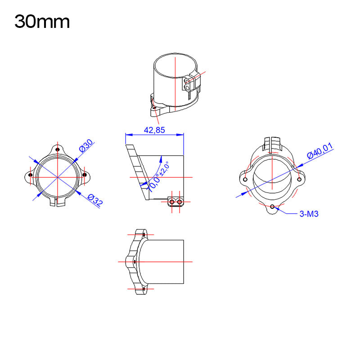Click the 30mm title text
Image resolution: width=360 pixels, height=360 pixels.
42,22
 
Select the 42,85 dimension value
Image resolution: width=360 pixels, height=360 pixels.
154,130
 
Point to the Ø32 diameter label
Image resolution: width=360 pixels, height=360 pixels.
95,200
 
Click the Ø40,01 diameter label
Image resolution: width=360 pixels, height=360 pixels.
320,150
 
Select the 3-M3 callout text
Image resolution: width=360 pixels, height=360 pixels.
309,214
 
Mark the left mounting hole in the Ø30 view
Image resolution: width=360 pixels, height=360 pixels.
30,175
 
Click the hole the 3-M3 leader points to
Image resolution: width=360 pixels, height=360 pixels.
272,206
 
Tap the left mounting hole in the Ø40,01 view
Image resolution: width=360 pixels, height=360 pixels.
245,179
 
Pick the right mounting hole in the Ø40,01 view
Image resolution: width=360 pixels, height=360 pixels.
299,179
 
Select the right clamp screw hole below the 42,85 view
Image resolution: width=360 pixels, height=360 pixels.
179,202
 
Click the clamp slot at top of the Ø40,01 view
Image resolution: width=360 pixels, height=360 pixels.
272,142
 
